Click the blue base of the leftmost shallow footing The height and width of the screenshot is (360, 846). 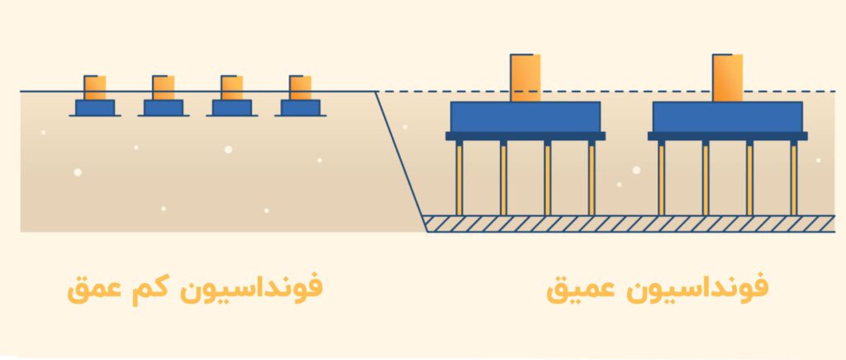coord(95,108)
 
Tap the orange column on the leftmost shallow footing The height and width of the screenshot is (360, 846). coord(95,88)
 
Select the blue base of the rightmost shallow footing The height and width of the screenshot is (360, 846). coord(301,108)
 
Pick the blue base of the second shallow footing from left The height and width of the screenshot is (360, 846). coord(164,108)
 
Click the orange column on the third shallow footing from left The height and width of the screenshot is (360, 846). coord(232,88)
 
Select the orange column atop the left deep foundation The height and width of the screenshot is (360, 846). coord(525,78)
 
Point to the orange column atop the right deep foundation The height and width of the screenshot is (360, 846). coord(728,78)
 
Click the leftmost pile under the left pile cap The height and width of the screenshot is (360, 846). coord(459,178)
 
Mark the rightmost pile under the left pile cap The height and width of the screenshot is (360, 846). coord(592,178)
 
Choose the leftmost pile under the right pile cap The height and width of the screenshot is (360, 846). coord(662,178)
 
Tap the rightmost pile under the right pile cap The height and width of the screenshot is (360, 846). coord(794,178)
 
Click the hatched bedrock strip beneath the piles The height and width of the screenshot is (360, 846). coord(629,224)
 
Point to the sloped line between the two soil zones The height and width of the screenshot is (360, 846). coord(401,162)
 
